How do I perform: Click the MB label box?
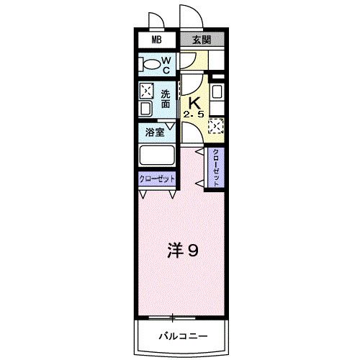pyautogui.click(x=156, y=40)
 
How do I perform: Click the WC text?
pyautogui.click(x=165, y=66)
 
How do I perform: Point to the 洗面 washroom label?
pyautogui.click(x=166, y=98)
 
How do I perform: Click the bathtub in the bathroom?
pyautogui.click(x=157, y=156)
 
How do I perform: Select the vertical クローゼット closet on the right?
pyautogui.click(x=215, y=168)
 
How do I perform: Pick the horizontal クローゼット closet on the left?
pyautogui.click(x=156, y=180)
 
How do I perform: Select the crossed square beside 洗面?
pyautogui.click(x=146, y=91)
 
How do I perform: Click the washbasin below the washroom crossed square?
pyautogui.click(x=145, y=109)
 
